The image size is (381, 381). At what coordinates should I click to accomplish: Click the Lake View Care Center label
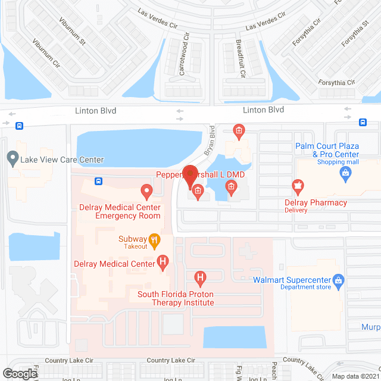(62, 160)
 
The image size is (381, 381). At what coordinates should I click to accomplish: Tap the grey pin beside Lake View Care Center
(12, 159)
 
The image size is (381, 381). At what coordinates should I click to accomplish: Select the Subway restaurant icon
(155, 241)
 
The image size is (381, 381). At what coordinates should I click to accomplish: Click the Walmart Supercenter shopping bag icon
(338, 279)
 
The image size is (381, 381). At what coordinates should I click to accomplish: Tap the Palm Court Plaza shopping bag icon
(345, 173)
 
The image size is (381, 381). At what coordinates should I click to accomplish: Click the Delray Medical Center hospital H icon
(163, 263)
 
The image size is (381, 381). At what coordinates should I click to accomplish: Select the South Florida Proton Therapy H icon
(201, 277)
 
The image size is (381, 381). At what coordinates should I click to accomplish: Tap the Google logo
(20, 373)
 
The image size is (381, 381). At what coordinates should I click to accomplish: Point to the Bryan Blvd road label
(210, 140)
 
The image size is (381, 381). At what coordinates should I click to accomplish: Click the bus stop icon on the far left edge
(20, 126)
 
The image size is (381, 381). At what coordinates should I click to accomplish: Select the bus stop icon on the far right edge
(363, 123)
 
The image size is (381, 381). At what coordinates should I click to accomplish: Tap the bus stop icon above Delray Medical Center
(98, 181)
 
